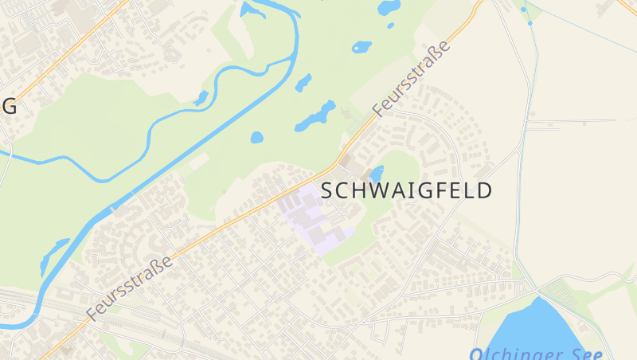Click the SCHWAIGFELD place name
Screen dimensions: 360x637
pos(406,190)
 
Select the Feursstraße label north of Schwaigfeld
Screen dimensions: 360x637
pos(412,78)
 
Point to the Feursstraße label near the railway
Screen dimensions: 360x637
pos(130,288)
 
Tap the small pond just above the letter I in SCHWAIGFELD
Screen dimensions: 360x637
pos(377,173)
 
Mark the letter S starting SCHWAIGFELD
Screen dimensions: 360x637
pos(326,191)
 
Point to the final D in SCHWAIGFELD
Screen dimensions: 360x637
pos(484,191)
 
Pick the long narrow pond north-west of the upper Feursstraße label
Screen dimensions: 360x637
pos(316,116)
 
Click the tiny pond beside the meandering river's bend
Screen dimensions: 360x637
pos(201,99)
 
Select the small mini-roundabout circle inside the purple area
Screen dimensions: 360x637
pos(342,211)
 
